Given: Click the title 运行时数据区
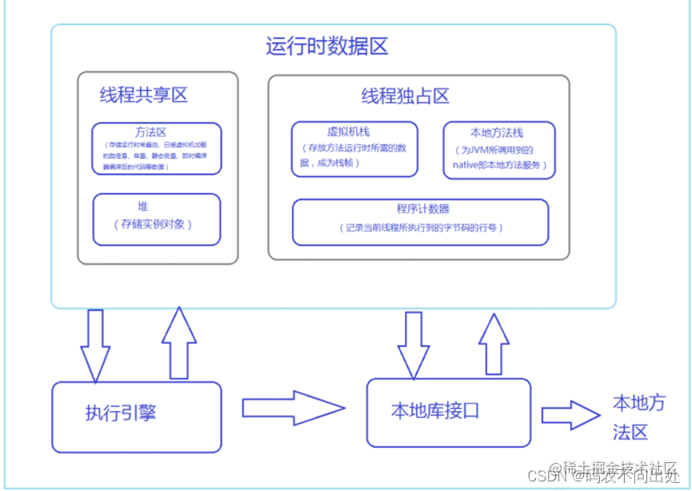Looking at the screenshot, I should click(326, 46).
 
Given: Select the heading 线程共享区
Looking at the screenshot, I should click(143, 95).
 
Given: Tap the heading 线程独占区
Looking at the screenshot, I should click(405, 97).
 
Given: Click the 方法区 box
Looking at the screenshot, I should click(156, 148).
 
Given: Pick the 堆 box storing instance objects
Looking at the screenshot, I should click(157, 218).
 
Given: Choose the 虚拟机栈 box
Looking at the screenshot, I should click(354, 149).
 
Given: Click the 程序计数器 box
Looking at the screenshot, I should click(420, 221).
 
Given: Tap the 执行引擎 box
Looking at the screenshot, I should click(136, 417).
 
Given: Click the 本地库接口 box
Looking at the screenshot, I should click(448, 413).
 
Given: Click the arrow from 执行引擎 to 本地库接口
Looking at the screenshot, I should click(293, 408).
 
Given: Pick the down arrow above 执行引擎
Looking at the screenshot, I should click(95, 345).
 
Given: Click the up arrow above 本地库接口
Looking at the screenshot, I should click(494, 344).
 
